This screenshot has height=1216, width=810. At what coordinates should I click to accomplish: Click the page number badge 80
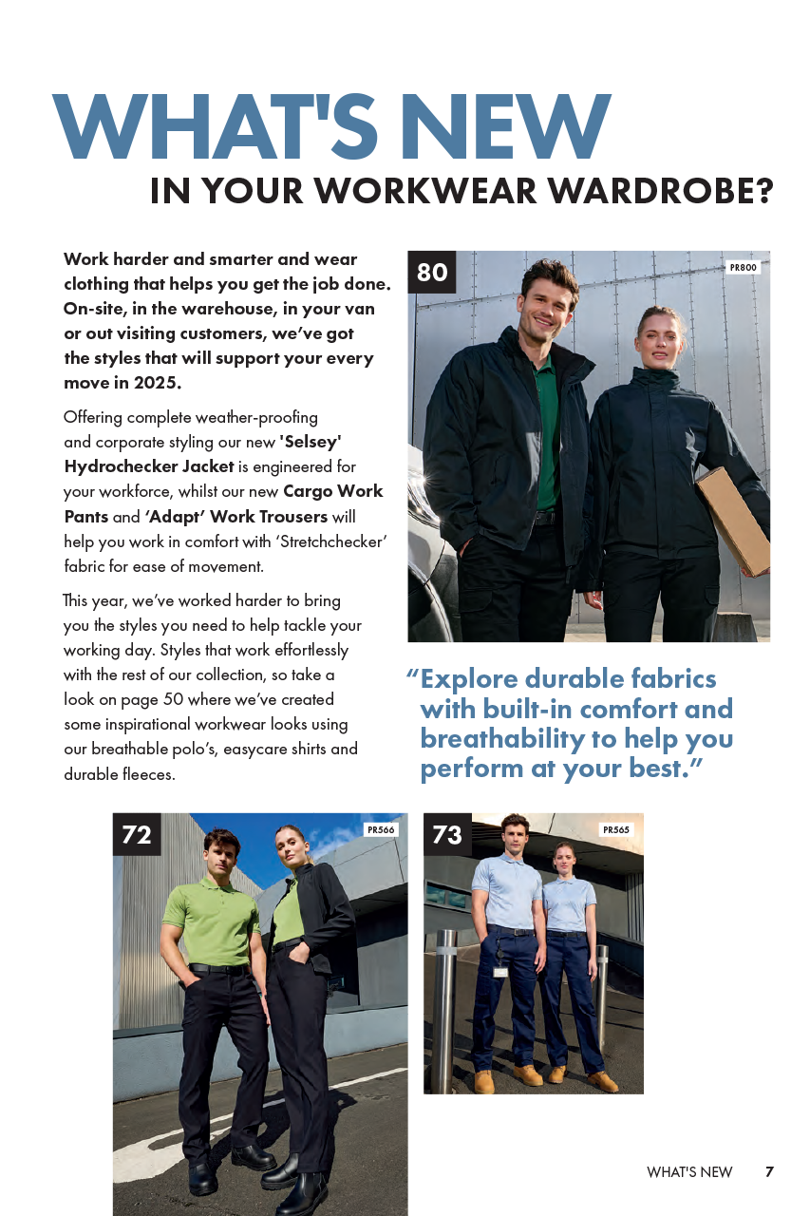click(432, 273)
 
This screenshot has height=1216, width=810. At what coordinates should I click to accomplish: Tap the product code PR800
click(743, 268)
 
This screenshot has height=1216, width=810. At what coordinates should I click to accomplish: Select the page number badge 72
click(137, 834)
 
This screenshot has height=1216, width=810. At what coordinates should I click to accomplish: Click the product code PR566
click(381, 829)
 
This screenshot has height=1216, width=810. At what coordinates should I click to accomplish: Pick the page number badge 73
click(447, 834)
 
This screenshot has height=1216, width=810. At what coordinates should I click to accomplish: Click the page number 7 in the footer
click(769, 1171)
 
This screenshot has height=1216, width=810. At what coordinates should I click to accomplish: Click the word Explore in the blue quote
click(469, 678)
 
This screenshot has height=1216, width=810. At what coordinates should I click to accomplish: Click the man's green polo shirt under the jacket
click(546, 437)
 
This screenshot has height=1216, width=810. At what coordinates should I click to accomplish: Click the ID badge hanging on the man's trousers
click(500, 971)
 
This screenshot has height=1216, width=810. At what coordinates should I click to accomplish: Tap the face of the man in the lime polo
click(222, 853)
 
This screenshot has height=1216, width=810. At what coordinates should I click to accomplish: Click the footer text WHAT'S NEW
click(689, 1172)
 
